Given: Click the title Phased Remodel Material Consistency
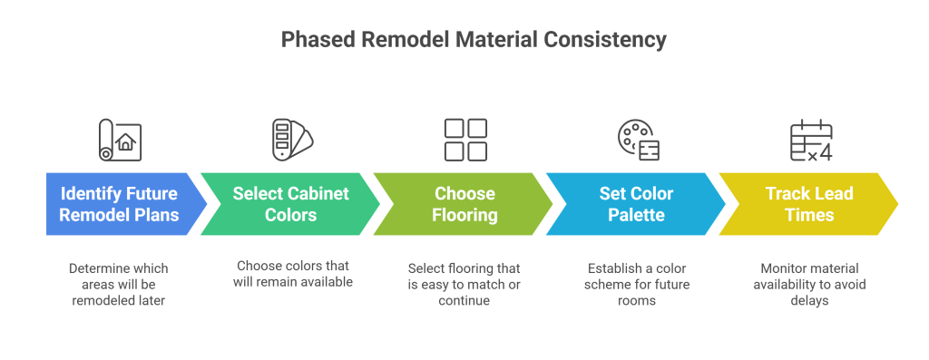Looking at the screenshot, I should (474, 40).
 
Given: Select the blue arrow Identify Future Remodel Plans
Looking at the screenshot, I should (119, 204).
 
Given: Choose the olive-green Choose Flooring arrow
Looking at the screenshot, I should (464, 204).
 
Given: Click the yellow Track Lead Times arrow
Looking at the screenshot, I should (809, 204).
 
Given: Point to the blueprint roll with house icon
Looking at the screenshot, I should (120, 140).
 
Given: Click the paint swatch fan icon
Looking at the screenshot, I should (291, 140).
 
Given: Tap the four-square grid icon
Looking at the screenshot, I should (465, 140).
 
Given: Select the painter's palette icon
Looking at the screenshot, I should (638, 140).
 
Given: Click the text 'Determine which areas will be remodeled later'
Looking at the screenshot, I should (119, 284).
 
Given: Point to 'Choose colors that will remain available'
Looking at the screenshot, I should (293, 274).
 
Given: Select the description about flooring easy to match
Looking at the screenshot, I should (464, 284).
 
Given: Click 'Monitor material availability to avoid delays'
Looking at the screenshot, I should (809, 284).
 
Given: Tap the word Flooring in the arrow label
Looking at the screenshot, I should (464, 215).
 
